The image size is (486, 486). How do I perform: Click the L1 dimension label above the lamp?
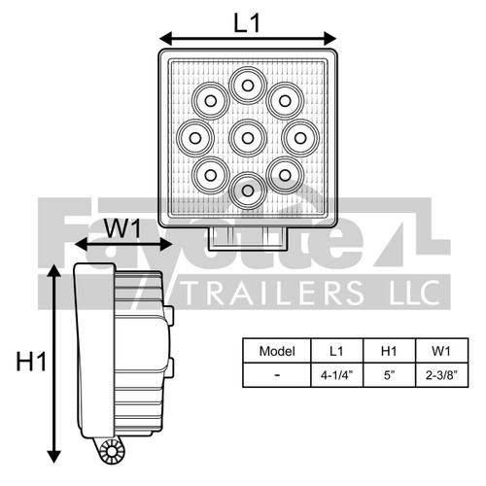248,23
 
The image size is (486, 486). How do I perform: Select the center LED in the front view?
248,137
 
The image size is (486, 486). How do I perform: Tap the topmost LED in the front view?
248,86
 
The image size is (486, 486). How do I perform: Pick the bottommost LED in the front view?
248,189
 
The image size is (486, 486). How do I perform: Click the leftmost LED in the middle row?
196,137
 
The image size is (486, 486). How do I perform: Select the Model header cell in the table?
277,350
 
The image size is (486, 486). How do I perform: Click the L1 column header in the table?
336,350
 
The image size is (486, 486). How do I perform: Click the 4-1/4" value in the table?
336,373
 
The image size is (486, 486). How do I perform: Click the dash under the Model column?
277,373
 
